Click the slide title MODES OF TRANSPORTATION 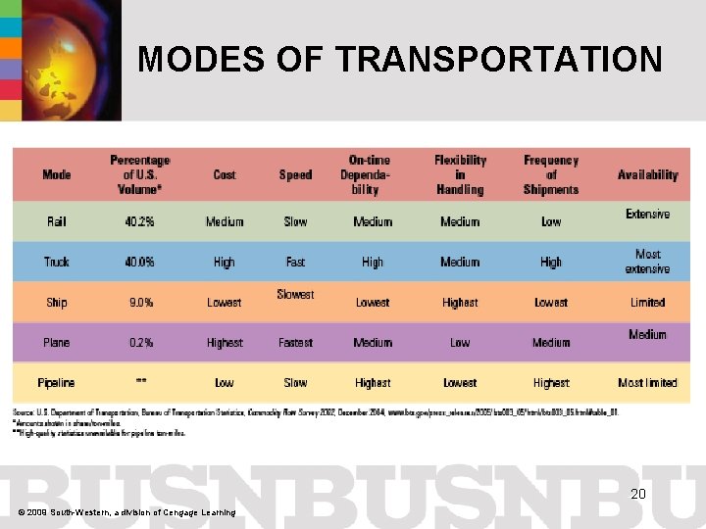pos(400,60)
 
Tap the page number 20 pos(637,495)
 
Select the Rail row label pos(57,222)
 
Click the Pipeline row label pos(57,383)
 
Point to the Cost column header pos(225,175)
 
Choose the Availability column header pos(647,175)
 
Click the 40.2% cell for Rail pos(140,222)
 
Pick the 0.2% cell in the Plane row pos(140,343)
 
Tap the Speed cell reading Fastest pos(295,343)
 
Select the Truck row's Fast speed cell pos(295,263)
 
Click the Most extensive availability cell pos(647,262)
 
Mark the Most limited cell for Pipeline pos(647,383)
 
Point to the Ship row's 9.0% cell pos(140,303)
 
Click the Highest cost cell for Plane pos(225,343)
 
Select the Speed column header pos(295,175)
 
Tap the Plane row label pos(57,343)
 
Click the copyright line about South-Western pos(126,512)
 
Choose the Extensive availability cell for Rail pos(647,215)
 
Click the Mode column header pos(57,175)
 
